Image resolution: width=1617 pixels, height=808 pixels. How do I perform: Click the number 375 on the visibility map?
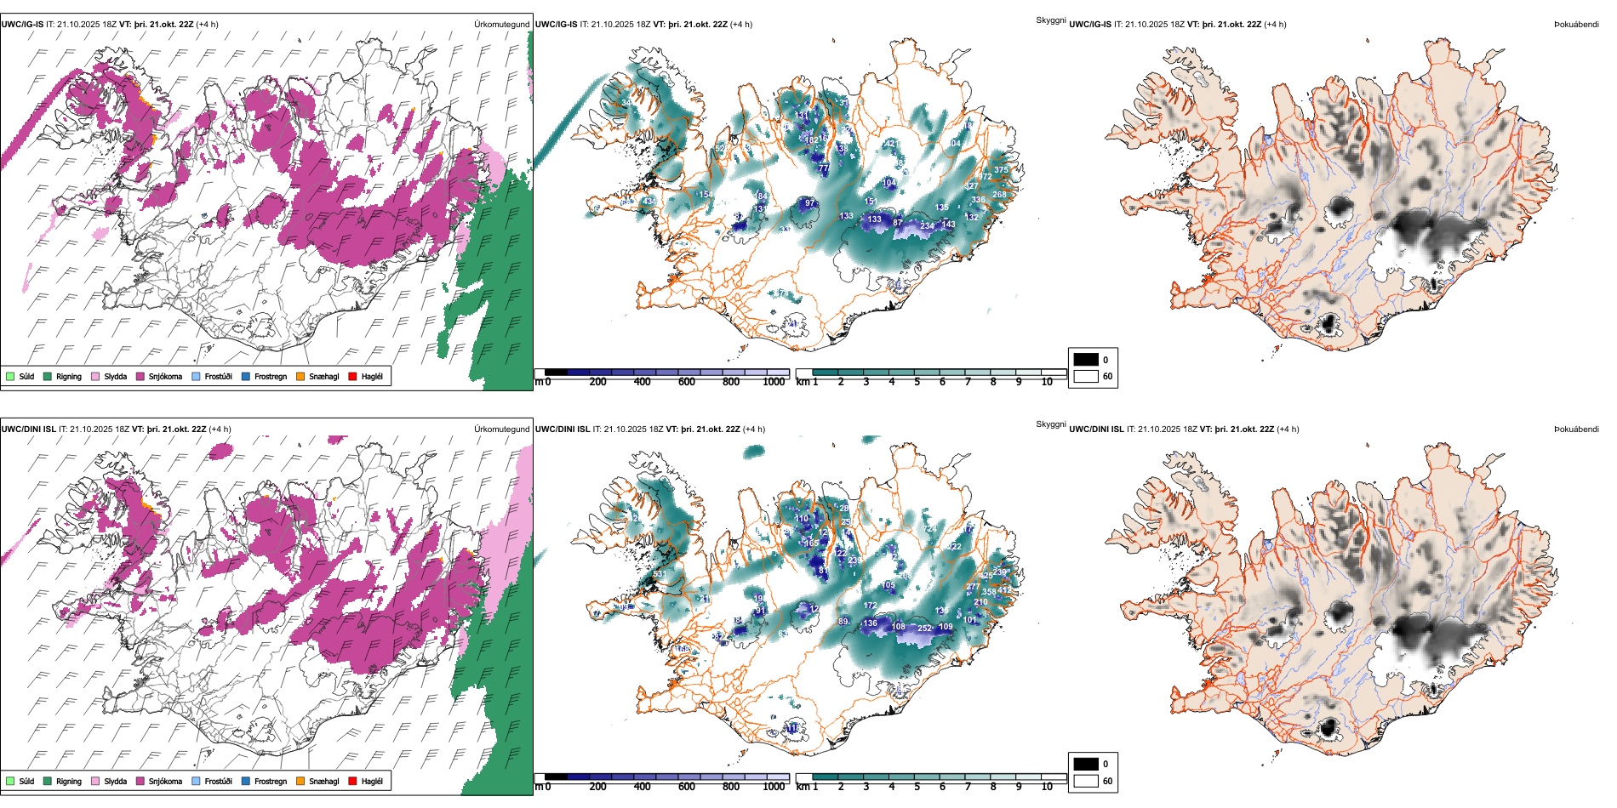click(1001, 170)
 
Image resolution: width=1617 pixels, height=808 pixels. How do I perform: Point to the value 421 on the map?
click(890, 144)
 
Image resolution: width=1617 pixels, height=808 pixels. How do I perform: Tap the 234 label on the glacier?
click(927, 225)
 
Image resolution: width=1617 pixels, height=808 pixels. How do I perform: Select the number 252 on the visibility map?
click(924, 629)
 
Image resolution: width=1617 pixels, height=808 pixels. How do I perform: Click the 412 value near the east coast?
click(1005, 589)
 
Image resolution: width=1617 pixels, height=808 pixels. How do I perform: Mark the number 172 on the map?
click(870, 606)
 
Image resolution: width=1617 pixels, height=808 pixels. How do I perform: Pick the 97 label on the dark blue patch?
click(809, 203)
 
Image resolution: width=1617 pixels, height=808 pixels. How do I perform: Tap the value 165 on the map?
click(812, 543)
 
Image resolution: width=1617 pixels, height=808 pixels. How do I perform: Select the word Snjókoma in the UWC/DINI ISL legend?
click(165, 781)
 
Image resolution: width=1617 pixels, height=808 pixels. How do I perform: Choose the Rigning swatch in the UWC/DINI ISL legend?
click(48, 781)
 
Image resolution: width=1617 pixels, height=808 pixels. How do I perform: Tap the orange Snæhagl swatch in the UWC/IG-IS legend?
click(300, 376)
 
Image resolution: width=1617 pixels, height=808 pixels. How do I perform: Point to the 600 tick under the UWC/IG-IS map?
click(686, 382)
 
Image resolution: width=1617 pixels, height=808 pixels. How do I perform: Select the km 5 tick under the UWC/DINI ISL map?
click(917, 787)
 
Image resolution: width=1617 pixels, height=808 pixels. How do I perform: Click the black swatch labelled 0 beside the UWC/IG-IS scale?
click(1086, 359)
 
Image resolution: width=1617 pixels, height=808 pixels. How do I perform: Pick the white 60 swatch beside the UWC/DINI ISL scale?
click(1086, 780)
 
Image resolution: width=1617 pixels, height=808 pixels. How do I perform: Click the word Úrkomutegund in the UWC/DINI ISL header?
click(501, 429)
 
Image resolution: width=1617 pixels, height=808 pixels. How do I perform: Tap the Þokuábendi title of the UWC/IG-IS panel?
click(1576, 24)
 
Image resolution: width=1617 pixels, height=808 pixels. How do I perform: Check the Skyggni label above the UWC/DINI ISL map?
click(1050, 424)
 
